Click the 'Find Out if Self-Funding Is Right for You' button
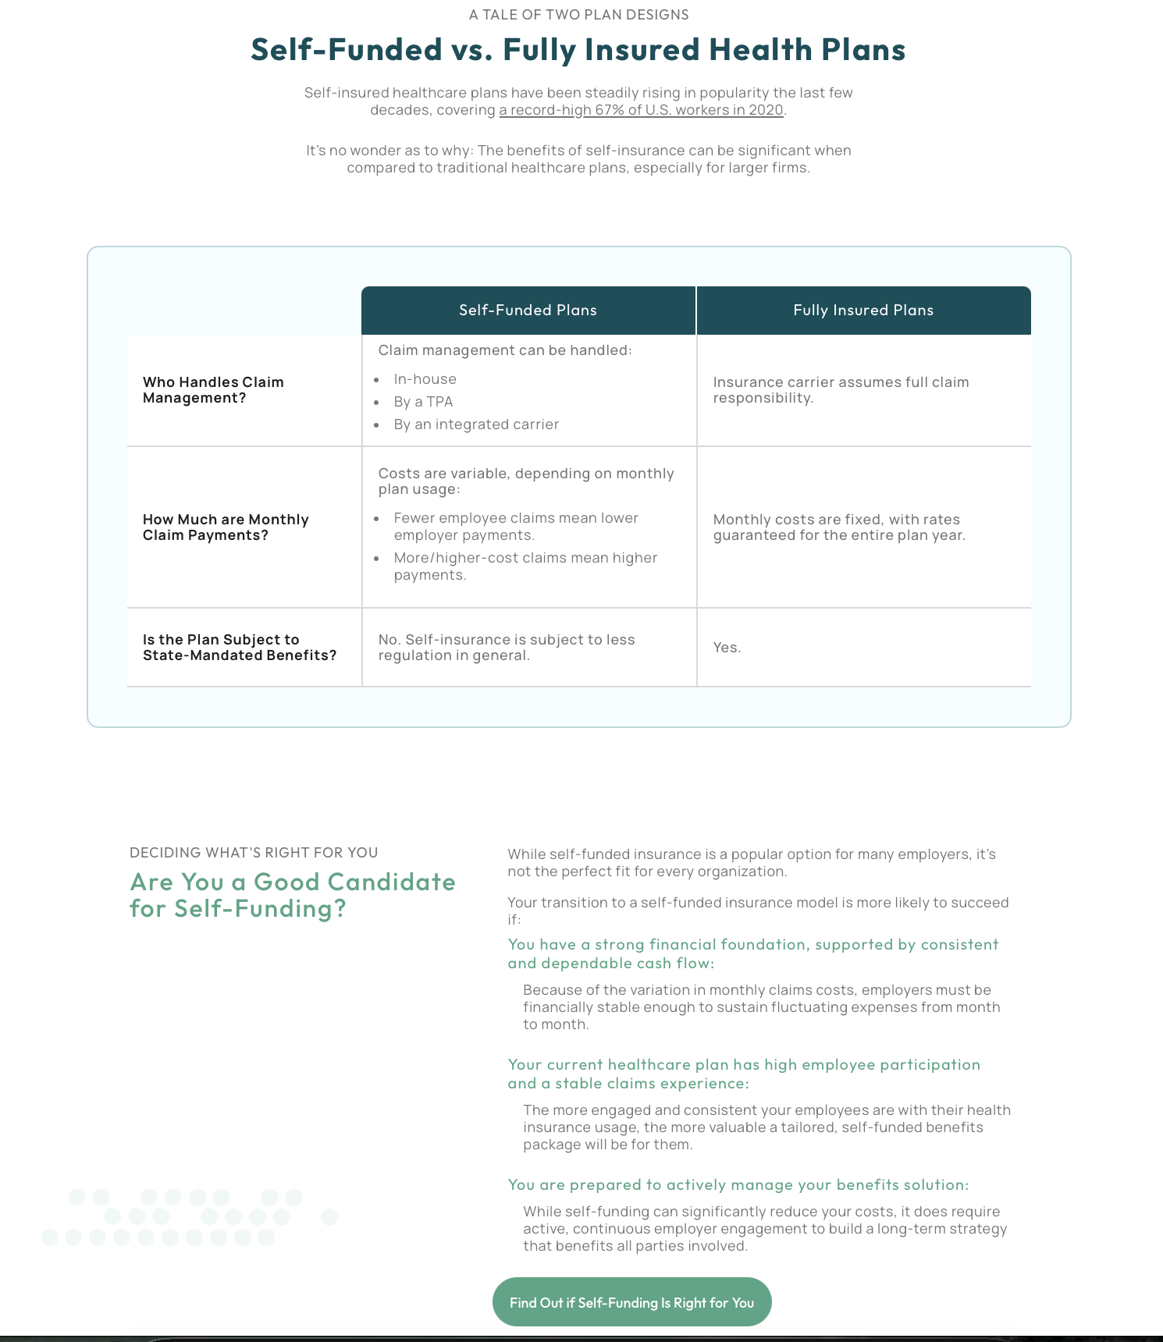tap(631, 1302)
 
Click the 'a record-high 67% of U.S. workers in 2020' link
tap(641, 110)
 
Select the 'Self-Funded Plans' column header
tap(528, 311)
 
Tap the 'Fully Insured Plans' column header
tap(863, 311)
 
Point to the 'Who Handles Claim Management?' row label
tap(213, 390)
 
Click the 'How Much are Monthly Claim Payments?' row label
tap(226, 527)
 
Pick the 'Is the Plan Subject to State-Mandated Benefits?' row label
tap(239, 648)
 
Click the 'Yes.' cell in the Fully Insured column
tap(727, 648)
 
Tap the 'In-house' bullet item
tap(425, 379)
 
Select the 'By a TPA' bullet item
tap(423, 402)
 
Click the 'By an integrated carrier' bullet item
tap(476, 424)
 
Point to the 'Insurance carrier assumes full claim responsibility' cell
tap(841, 390)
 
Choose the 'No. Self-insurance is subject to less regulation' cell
tap(507, 648)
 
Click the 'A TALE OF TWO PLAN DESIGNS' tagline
tap(578, 15)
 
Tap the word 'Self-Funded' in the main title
tap(347, 50)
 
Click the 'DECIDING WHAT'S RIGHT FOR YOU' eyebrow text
tap(254, 853)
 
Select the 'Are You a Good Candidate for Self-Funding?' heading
tap(293, 895)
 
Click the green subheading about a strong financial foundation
tap(752, 953)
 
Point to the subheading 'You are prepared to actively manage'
tap(738, 1185)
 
